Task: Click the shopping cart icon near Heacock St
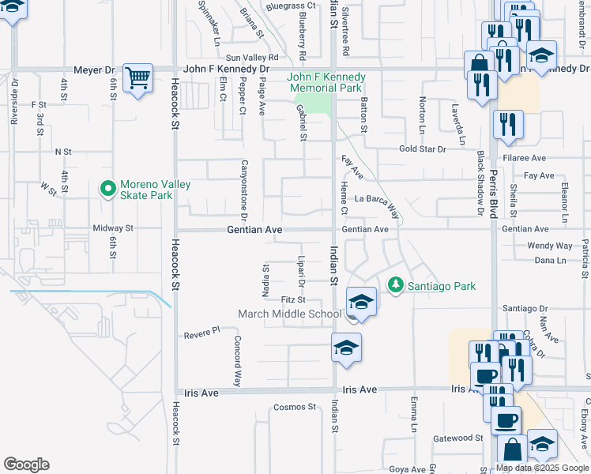[x=138, y=78]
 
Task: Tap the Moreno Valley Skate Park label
[x=155, y=190]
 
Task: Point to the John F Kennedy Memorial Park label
[x=326, y=82]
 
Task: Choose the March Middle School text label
[x=290, y=314]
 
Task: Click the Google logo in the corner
[x=26, y=465]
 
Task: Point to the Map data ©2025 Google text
[x=542, y=468]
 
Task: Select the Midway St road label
[x=114, y=228]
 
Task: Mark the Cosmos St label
[x=294, y=407]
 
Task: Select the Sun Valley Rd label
[x=253, y=58]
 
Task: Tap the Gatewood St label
[x=458, y=438]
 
